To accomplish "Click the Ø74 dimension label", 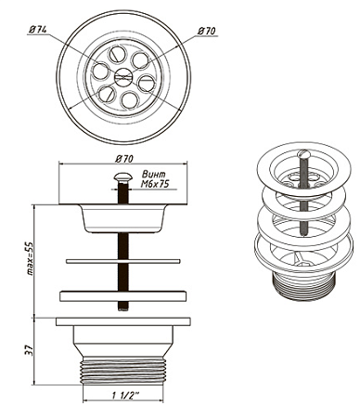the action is [38, 30].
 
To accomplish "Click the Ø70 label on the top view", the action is [207, 31].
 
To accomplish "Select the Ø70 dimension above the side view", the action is [124, 159].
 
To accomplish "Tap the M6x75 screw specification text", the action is [155, 184].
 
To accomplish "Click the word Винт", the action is [153, 174].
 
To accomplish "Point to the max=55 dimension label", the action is [30, 259].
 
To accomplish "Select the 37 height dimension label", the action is [29, 351].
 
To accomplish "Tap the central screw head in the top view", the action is [123, 76].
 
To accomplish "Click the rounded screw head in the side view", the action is [123, 176].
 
